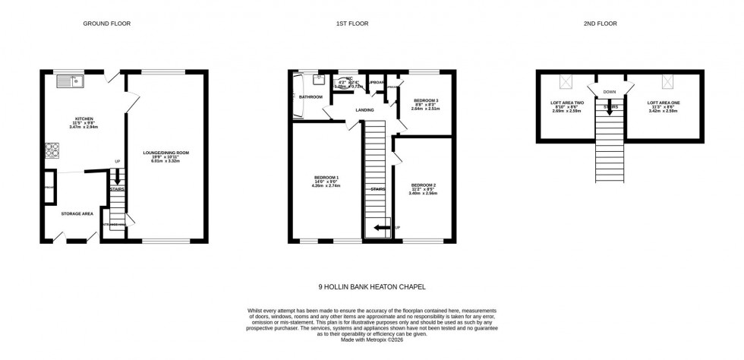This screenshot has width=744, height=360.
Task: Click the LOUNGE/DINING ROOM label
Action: click(166, 153)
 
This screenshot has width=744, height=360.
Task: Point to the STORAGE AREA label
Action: click(77, 213)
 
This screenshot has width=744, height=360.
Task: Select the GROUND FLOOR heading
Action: click(106, 24)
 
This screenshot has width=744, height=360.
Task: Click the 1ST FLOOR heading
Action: click(352, 24)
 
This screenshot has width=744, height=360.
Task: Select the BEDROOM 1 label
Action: click(326, 178)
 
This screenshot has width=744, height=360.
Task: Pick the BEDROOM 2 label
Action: click(424, 185)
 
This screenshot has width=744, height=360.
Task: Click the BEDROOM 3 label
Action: click(426, 100)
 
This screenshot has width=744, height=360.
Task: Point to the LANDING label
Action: click(364, 110)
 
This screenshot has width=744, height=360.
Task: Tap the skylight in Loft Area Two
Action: click(566, 82)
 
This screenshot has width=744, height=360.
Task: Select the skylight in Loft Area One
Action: click(667, 82)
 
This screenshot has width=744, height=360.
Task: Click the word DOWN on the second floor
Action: click(610, 92)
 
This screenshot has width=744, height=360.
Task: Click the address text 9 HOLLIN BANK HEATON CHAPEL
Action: click(371, 287)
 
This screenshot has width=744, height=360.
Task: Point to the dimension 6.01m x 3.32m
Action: click(166, 161)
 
